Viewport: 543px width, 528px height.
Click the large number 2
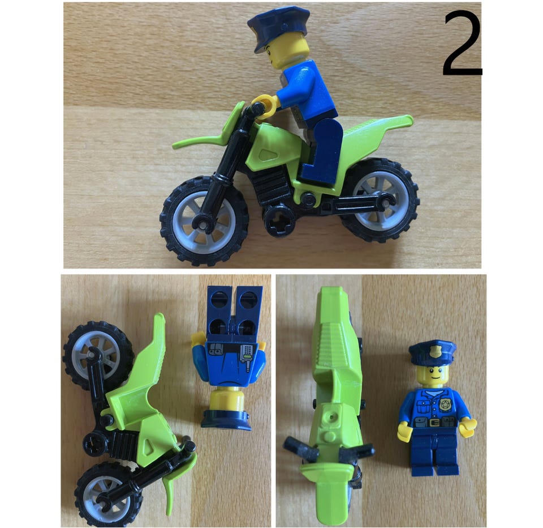tap(463, 44)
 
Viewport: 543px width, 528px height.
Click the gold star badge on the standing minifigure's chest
tap(445, 404)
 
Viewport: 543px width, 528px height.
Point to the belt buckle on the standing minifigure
tap(433, 422)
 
